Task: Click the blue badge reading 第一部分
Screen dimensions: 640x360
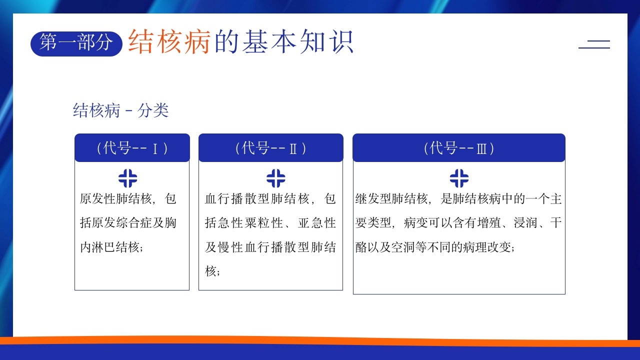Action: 76,43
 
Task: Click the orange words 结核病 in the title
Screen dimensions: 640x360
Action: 169,41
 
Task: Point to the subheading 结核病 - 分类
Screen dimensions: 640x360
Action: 121,110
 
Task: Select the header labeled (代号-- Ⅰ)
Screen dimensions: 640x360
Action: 132,147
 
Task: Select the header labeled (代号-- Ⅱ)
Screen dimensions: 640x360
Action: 271,147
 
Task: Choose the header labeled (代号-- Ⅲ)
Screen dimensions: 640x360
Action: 459,147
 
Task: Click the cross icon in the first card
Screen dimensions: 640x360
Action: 127,178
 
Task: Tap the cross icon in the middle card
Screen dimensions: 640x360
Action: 275,178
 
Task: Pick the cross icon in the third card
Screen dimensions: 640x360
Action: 459,178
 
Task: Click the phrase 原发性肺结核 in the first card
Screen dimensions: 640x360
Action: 115,198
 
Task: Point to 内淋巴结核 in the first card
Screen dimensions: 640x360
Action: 109,247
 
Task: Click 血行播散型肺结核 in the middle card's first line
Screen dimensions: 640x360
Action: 257,198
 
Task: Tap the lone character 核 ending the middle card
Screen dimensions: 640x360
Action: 210,270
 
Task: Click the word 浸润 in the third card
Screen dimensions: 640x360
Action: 525,223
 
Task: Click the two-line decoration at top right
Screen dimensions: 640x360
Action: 594,44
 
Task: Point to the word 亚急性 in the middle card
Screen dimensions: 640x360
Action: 317,223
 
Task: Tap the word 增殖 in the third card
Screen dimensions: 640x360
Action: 489,223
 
